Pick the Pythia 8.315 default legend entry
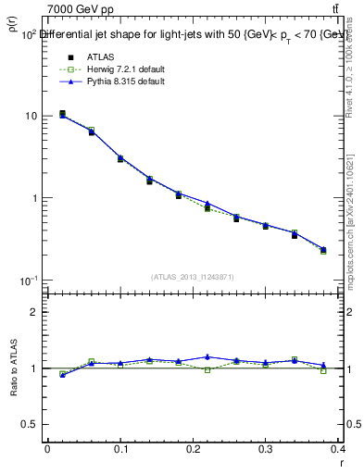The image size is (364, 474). click(x=112, y=81)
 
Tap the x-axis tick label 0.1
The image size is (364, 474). click(x=120, y=449)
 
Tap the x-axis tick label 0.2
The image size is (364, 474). click(x=194, y=449)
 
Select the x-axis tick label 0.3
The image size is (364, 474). click(x=267, y=449)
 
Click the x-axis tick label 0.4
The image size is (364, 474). click(x=339, y=449)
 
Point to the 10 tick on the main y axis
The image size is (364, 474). click(x=32, y=117)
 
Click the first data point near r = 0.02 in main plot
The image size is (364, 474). click(x=62, y=115)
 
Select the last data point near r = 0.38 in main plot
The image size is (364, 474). click(x=323, y=250)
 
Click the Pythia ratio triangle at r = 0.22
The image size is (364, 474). click(x=207, y=356)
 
